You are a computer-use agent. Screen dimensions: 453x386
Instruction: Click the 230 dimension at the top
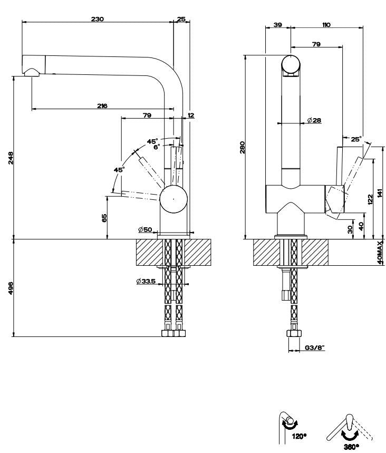98,19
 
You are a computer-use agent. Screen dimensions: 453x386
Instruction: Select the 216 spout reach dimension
102,105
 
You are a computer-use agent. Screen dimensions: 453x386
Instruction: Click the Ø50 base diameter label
145,229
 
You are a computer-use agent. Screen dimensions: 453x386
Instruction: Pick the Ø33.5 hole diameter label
145,281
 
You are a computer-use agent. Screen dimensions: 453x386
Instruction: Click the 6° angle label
157,147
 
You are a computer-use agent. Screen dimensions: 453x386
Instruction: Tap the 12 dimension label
190,114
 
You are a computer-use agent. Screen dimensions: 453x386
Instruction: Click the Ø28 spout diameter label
314,120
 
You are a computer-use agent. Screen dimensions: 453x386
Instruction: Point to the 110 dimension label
325,25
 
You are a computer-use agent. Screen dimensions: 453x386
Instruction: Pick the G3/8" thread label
315,348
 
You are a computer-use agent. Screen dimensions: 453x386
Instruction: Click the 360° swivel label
350,446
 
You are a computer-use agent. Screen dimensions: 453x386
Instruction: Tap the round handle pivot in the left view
173,200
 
